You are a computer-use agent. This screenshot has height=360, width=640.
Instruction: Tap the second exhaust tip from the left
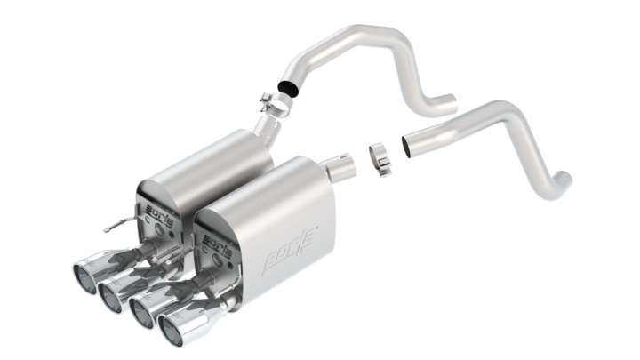[113, 297]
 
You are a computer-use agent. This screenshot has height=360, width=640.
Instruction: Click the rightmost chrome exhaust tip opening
[174, 331]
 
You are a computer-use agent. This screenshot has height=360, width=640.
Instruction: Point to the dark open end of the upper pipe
[288, 87]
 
